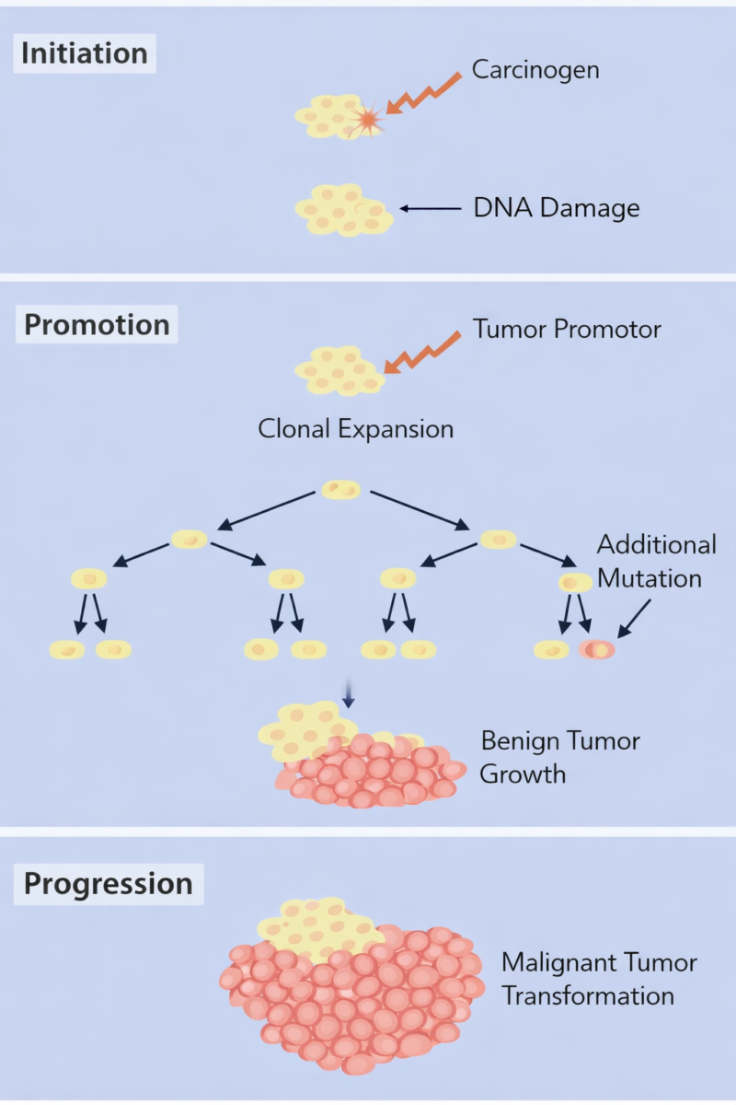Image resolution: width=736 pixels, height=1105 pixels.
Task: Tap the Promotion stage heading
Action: [x=97, y=325]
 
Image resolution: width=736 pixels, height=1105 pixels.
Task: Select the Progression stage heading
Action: [x=108, y=883]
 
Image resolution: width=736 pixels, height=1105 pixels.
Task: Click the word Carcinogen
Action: [x=535, y=69]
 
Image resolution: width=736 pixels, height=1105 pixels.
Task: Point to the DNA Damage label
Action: [x=556, y=208]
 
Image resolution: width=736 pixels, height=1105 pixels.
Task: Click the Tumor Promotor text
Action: [x=567, y=329]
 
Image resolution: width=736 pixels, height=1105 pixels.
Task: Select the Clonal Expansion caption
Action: [x=355, y=429]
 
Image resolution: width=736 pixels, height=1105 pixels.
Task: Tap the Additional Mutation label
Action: [x=656, y=561]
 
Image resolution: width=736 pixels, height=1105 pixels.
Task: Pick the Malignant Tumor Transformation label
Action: [x=598, y=979]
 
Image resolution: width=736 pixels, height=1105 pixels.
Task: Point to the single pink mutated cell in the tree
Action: [x=597, y=650]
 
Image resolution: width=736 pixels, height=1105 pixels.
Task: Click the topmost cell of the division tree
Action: [x=340, y=490]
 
